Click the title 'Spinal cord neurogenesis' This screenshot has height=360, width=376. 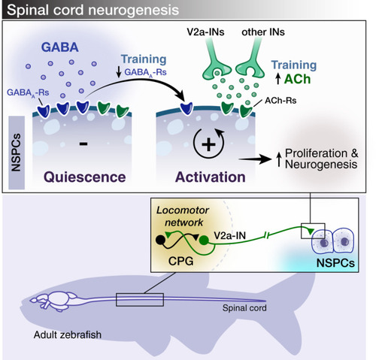tap(92, 10)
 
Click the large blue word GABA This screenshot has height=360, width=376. tap(60, 47)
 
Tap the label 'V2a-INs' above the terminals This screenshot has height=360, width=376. tap(205, 32)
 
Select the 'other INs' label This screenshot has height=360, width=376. tap(263, 32)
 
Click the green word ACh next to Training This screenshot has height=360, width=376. tap(298, 79)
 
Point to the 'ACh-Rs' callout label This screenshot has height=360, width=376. tap(280, 101)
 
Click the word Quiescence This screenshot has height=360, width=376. tap(85, 177)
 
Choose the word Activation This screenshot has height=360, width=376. tap(211, 177)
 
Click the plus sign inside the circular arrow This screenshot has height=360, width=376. tap(208, 144)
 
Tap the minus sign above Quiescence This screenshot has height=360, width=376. tap(83, 144)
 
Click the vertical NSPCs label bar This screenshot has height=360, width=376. tap(17, 153)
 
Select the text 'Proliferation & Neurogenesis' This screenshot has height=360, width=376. tap(322, 159)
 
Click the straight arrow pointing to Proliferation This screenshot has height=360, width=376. tap(255, 159)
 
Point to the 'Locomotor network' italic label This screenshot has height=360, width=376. tap(183, 216)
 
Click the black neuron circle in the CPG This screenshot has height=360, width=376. tap(160, 240)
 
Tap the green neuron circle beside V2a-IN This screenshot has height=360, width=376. tap(204, 241)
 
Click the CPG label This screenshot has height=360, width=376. tap(181, 262)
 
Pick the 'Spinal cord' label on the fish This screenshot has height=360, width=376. tap(244, 308)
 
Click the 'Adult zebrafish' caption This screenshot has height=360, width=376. tap(68, 334)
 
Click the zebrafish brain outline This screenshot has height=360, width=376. tap(54, 301)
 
